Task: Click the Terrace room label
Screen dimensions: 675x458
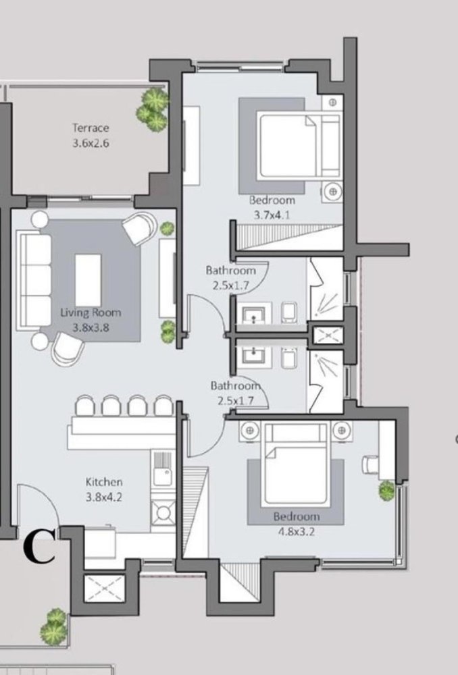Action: pyautogui.click(x=91, y=128)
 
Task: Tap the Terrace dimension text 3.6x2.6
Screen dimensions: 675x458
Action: pyautogui.click(x=91, y=143)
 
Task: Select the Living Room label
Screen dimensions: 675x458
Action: pyautogui.click(x=91, y=313)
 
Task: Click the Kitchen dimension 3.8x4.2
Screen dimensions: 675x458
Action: pyautogui.click(x=103, y=497)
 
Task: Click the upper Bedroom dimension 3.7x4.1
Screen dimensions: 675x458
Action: pyautogui.click(x=272, y=216)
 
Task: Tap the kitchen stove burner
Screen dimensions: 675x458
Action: pyautogui.click(x=163, y=514)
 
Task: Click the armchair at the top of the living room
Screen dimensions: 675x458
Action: pyautogui.click(x=140, y=228)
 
